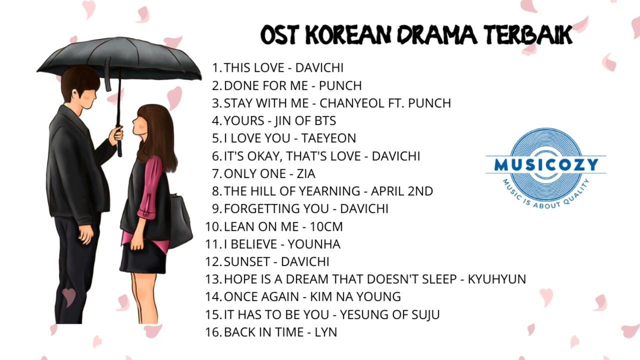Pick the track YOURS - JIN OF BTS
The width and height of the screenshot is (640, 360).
(279, 121)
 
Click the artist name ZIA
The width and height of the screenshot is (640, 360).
(306, 174)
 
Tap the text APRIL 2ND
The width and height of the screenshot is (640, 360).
(401, 191)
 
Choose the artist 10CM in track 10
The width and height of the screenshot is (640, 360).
(326, 226)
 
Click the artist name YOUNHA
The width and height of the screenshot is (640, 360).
(314, 244)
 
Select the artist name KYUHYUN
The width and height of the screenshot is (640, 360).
(496, 279)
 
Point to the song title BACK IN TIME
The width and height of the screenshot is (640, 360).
(263, 332)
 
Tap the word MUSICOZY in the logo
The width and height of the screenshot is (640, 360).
(545, 165)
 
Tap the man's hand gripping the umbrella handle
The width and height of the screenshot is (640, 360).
(116, 134)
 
